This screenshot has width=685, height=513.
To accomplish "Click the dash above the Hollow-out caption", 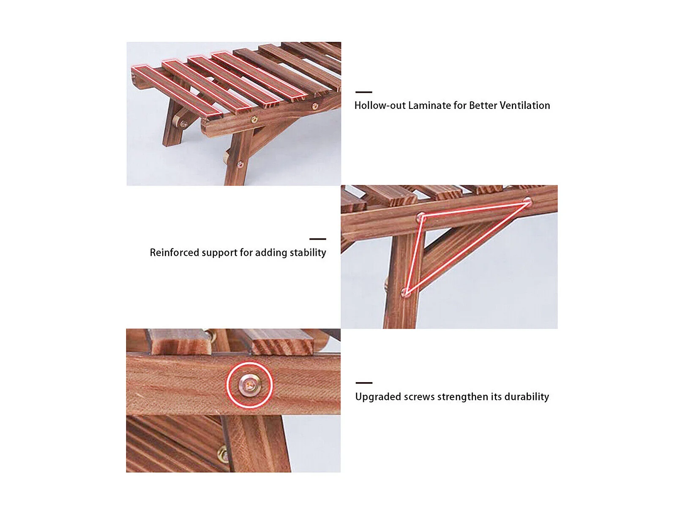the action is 363,92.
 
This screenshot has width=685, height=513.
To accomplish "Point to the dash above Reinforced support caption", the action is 318,239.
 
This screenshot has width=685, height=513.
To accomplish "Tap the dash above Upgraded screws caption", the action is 364,383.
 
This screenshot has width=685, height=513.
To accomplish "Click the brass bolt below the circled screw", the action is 223,455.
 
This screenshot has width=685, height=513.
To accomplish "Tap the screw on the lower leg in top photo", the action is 240,164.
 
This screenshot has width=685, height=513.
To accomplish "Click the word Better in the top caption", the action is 483,105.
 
